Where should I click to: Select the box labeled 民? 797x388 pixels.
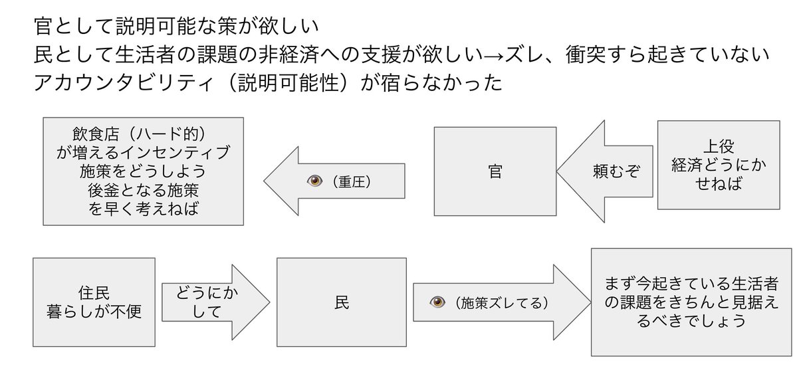[341, 303]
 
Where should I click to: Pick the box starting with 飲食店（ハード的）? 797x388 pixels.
[144, 171]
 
